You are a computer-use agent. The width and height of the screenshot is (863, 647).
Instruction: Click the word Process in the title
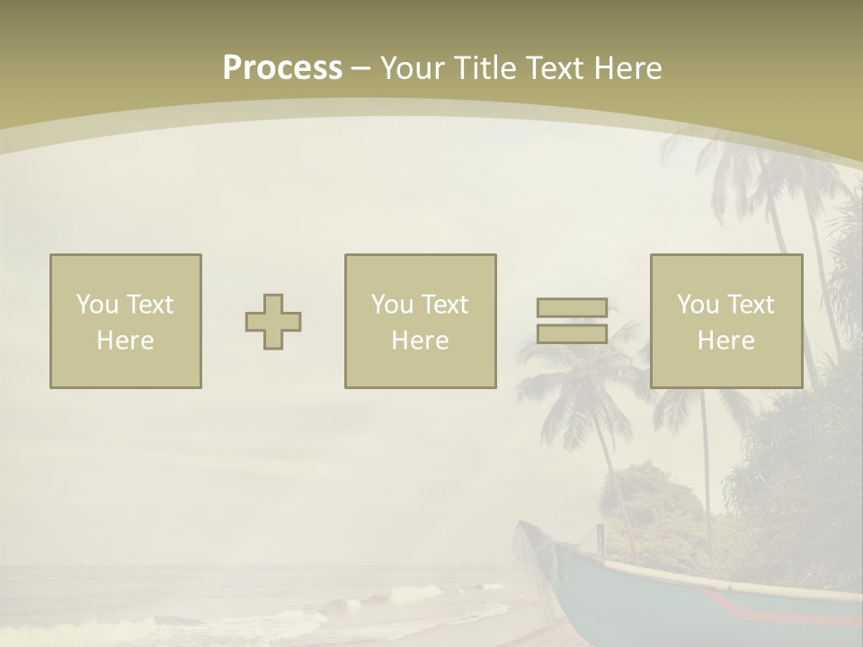coord(282,68)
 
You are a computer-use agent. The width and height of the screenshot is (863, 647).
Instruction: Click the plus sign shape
coord(273,322)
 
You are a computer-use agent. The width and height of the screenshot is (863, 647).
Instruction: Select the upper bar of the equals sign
coord(572,307)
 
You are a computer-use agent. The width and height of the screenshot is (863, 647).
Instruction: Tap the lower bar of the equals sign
coord(572,333)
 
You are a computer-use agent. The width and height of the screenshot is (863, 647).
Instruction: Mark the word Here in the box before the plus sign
coord(125,341)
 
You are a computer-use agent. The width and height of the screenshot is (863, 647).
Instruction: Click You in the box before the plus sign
coord(97,305)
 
